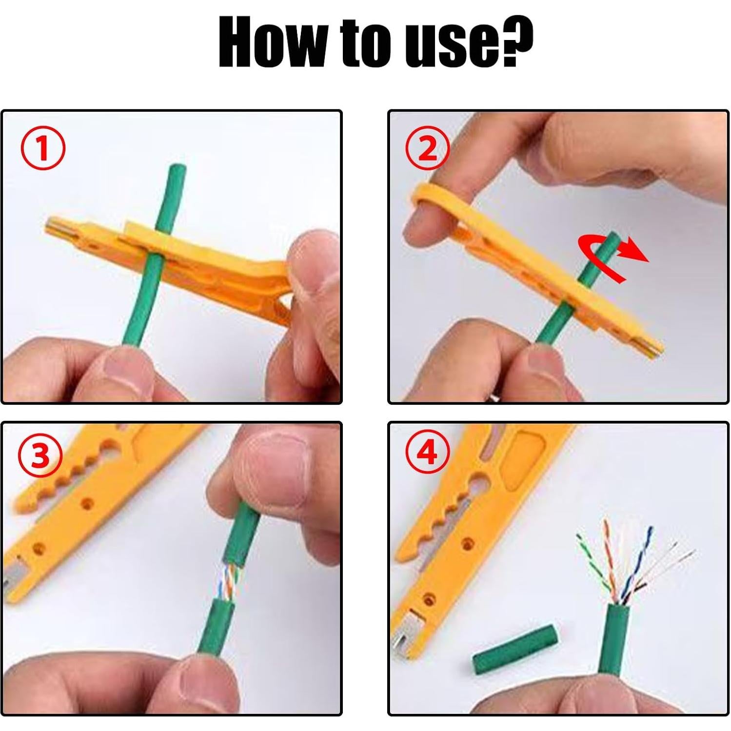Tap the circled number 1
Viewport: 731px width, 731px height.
(x=42, y=148)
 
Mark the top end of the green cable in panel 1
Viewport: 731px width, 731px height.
(x=176, y=170)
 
